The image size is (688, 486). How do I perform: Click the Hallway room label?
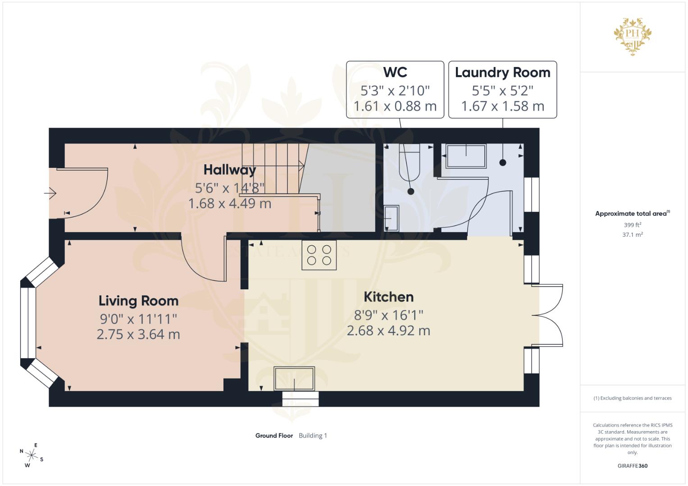point(229,170)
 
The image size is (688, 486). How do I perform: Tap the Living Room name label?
point(138,301)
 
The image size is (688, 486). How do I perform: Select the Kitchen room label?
point(388,297)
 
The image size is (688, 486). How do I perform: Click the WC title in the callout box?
point(395,72)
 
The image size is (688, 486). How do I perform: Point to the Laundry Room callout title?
point(502,72)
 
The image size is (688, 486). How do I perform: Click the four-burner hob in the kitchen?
point(319,255)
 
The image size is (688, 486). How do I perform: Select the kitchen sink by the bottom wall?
point(294,378)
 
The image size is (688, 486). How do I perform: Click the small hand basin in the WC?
point(392,218)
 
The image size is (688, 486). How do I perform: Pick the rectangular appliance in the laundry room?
point(466,156)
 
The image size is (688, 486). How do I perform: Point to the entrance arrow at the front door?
point(50,193)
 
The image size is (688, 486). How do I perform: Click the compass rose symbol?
point(31,455)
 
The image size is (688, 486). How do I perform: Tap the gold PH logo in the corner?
point(633,36)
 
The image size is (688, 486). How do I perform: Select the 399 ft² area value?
point(632,225)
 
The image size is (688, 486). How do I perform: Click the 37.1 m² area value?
point(632,234)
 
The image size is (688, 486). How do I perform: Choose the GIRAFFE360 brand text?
point(632,466)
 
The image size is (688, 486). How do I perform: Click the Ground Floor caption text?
point(274,436)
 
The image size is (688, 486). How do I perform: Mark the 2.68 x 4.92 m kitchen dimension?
point(388,331)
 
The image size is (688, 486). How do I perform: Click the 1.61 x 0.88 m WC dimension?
point(395,106)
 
